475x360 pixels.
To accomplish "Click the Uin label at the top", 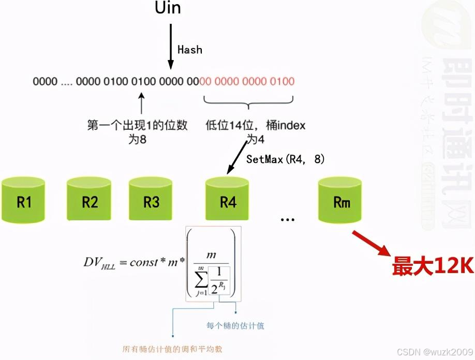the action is point(168,8).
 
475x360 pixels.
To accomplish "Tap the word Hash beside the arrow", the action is point(189,50).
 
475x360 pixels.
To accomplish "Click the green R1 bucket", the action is point(24,201).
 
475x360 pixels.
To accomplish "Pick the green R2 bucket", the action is point(90,201).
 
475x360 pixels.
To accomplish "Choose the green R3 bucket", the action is point(151,201).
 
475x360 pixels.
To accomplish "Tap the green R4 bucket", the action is point(227,201).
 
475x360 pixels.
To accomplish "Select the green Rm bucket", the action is point(340,201).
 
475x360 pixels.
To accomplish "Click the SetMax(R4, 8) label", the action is point(285,159).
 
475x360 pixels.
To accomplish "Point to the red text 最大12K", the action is point(432,266).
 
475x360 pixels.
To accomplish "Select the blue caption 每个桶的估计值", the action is point(235,326).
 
